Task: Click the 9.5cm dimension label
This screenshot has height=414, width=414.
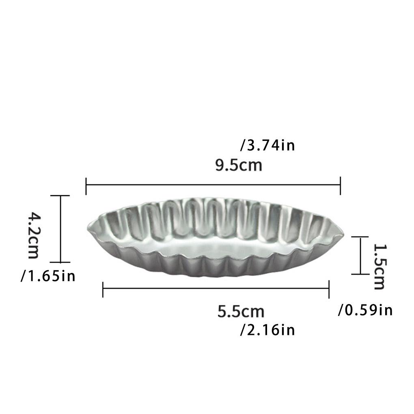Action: pyautogui.click(x=239, y=166)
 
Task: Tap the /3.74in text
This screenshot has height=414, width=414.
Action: pyautogui.click(x=267, y=145)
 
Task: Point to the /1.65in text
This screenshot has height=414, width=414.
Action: pyautogui.click(x=48, y=276)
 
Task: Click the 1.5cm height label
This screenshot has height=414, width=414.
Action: pyautogui.click(x=379, y=266)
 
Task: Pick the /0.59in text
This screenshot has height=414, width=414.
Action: pyautogui.click(x=365, y=310)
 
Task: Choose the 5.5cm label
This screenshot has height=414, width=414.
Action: pyautogui.click(x=241, y=311)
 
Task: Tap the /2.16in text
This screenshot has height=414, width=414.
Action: pyautogui.click(x=267, y=330)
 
